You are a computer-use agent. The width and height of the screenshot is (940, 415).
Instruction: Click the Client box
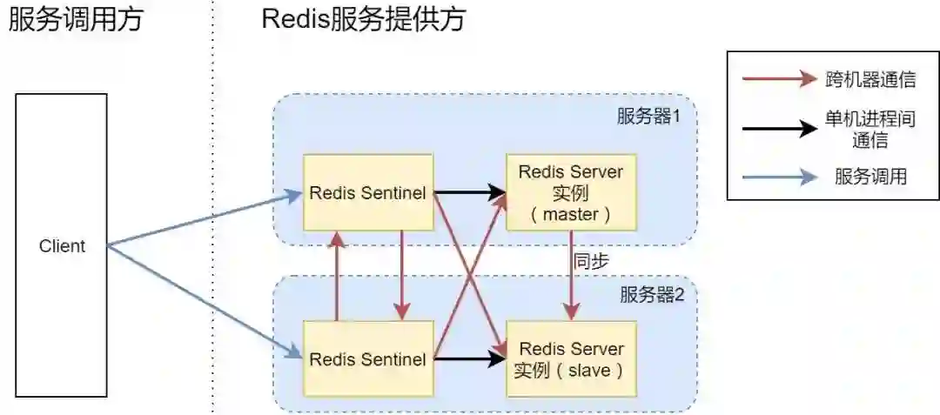61,246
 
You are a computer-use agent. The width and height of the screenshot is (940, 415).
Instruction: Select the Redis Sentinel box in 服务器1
367,192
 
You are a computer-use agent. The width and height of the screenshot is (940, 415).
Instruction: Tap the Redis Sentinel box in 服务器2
367,358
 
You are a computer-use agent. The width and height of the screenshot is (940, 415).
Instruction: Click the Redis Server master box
571,192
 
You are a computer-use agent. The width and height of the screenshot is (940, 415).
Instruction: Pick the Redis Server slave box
571,358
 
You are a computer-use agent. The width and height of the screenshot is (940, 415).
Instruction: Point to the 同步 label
591,261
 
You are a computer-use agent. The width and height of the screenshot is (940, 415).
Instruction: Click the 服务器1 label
649,117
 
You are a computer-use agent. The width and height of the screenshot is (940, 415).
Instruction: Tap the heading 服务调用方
75,19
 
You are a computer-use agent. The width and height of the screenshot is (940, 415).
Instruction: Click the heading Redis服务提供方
363,19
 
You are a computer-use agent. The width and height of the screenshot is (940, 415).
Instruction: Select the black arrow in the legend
780,130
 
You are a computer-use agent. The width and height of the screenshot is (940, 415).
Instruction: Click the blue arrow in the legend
780,177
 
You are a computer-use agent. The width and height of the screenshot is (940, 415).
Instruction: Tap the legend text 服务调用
870,177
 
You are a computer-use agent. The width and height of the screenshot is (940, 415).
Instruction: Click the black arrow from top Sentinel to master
469,192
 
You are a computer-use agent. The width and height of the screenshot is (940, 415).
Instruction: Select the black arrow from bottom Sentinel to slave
469,358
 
